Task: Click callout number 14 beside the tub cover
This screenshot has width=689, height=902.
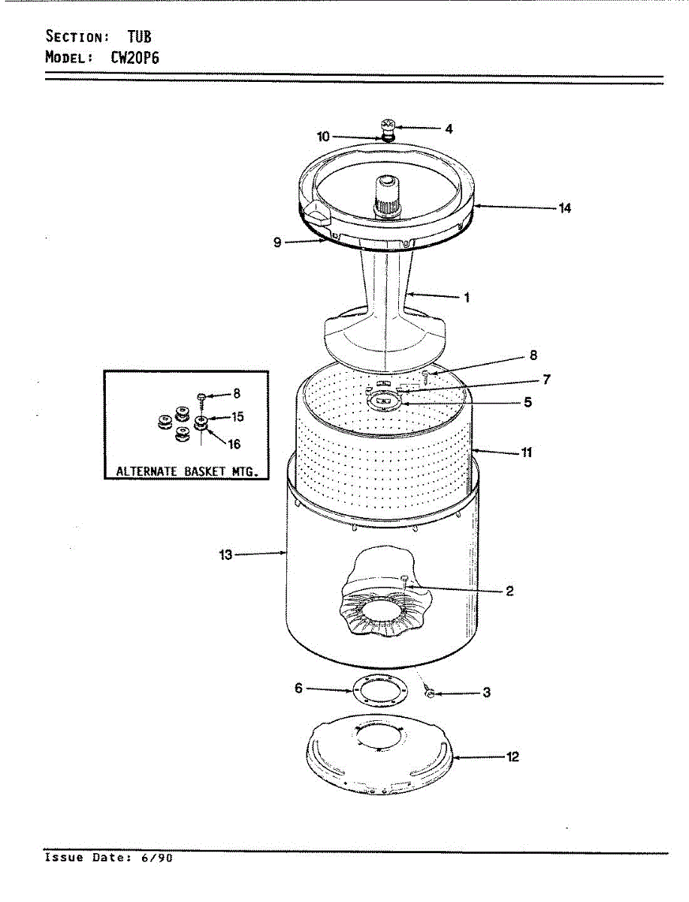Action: click(564, 208)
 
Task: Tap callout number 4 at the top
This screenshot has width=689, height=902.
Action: click(449, 129)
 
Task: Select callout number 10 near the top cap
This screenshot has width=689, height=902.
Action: click(323, 137)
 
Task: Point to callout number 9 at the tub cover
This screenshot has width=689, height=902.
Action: click(277, 243)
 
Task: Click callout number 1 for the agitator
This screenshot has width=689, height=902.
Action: click(467, 298)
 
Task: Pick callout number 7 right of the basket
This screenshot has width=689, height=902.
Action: click(546, 380)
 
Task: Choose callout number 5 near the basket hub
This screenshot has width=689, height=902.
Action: click(528, 402)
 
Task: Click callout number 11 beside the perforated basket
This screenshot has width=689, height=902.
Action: click(527, 453)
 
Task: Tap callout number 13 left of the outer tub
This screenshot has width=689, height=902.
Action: click(225, 555)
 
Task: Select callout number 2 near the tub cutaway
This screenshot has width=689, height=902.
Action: click(509, 591)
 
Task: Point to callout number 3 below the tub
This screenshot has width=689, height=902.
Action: click(486, 693)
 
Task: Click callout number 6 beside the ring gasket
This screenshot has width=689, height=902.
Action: click(298, 688)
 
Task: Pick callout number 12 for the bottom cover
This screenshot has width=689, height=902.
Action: click(512, 757)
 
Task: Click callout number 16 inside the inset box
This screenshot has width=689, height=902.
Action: click(234, 444)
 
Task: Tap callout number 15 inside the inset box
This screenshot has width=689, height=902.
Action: click(237, 416)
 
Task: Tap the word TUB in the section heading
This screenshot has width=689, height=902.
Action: click(138, 35)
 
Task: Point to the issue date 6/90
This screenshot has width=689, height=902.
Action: click(160, 857)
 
